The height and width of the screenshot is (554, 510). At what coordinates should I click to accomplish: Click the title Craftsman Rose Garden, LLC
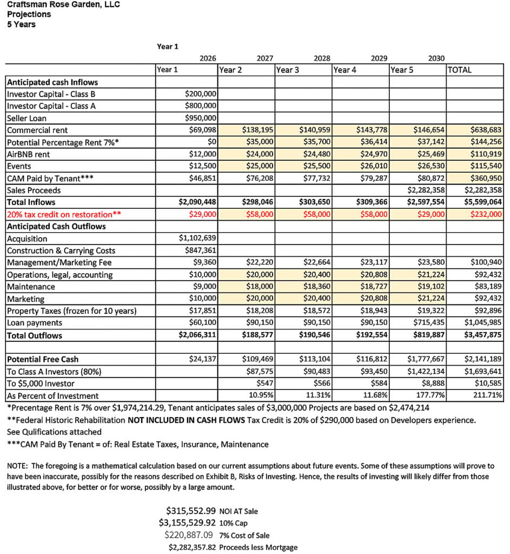(63, 5)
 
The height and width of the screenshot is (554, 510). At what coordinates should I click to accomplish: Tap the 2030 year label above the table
(436, 58)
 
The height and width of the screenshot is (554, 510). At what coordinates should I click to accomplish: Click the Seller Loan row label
(27, 118)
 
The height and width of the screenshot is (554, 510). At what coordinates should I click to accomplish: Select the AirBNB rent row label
(30, 154)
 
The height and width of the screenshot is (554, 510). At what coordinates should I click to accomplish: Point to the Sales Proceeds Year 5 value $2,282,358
(426, 190)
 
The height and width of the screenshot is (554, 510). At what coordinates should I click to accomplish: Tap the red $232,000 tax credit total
(487, 214)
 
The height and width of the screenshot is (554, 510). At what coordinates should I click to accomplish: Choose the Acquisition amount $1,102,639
(197, 239)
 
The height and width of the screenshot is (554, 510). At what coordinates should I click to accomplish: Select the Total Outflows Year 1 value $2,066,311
(197, 335)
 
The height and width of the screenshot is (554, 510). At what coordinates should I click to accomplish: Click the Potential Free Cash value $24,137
(202, 359)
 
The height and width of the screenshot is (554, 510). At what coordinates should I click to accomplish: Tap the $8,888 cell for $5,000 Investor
(433, 384)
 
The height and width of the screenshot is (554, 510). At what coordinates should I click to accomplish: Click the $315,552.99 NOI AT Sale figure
(191, 510)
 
